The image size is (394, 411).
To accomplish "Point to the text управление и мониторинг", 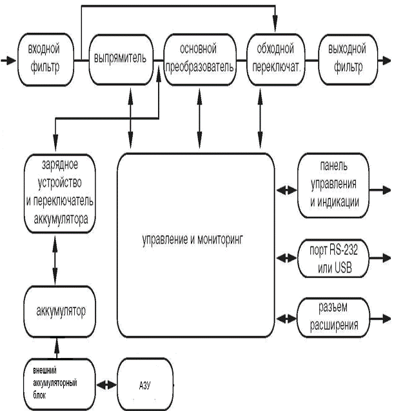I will tap(195, 239).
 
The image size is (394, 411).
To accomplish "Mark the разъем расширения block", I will tap(333, 317).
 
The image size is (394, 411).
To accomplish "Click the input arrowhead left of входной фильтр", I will tap(7, 60).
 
